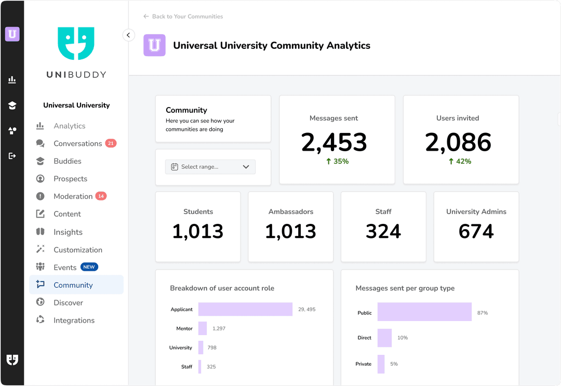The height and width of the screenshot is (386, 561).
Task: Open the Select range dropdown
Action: point(210,167)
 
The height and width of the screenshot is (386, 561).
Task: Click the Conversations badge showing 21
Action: point(111,143)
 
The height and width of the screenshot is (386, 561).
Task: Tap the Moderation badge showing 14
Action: point(101,196)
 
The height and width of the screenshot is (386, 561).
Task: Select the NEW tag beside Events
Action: point(89,267)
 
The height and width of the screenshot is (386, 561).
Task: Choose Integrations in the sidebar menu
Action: point(74,321)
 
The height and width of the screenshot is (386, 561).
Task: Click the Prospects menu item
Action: point(70,179)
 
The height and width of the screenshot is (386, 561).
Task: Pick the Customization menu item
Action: point(77,250)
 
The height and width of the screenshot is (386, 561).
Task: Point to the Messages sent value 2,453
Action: point(334,143)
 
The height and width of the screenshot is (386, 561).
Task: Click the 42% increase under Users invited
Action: point(460,162)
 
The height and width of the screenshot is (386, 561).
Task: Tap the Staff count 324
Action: point(383,232)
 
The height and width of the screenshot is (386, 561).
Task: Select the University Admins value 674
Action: point(476,232)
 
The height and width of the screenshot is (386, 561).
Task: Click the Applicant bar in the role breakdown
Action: point(245,310)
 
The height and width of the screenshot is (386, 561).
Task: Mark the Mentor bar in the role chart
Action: point(203,329)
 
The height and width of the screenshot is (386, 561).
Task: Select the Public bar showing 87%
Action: point(424,312)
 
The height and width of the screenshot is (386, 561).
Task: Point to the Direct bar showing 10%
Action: point(384,338)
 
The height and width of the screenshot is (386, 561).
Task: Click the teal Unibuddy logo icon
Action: point(76,44)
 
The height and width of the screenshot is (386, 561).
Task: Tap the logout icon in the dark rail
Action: point(12,156)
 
